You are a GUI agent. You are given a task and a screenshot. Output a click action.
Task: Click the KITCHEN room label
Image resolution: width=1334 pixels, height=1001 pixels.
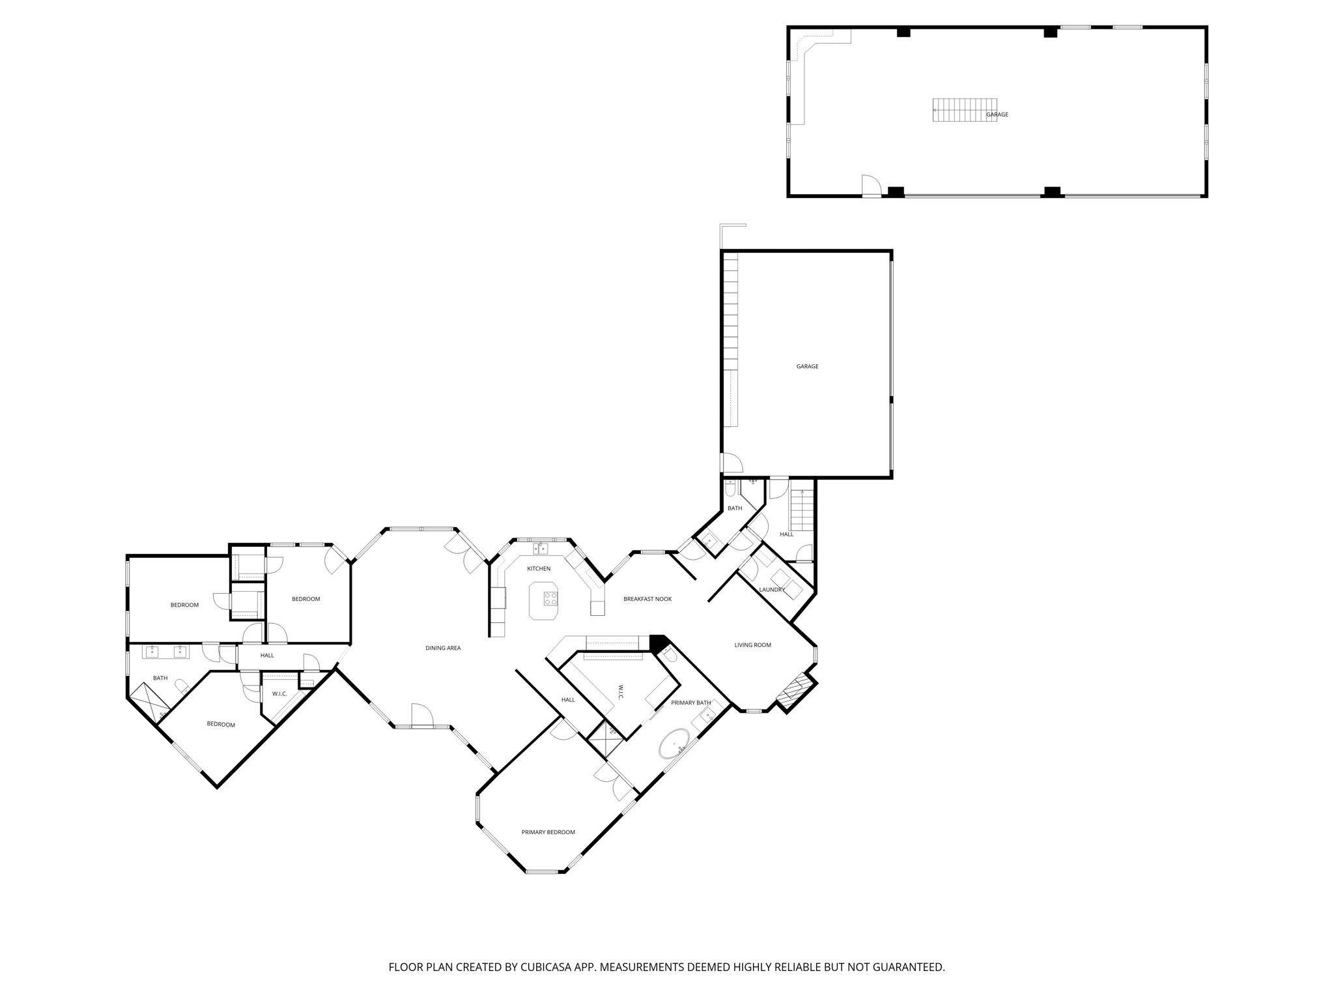point(539,569)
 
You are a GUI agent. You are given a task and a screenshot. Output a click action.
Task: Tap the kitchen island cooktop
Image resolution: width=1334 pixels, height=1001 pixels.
point(550,598)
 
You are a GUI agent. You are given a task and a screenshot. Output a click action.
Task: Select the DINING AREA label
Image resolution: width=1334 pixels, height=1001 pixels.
point(443,648)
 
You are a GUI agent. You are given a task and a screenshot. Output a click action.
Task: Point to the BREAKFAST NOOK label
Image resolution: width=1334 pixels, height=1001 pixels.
point(647,599)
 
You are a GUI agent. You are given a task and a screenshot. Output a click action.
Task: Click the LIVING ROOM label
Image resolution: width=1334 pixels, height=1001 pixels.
point(752,645)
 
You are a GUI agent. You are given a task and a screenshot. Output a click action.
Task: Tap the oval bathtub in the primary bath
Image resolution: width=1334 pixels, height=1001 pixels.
point(674,744)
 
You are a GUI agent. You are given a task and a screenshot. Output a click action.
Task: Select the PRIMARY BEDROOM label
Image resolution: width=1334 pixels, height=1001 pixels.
point(548,832)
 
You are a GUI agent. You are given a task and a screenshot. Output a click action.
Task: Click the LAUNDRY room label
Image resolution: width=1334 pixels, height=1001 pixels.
point(771,590)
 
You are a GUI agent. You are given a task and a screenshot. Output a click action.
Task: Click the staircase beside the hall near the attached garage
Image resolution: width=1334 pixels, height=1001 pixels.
point(802,510)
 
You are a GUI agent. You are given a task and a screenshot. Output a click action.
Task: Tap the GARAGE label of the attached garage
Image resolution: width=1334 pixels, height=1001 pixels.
point(807,366)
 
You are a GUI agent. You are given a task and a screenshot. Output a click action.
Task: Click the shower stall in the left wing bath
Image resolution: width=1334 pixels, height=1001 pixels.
point(149,701)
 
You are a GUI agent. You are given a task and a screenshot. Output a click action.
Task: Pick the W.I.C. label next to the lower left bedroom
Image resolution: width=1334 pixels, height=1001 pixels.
point(279,693)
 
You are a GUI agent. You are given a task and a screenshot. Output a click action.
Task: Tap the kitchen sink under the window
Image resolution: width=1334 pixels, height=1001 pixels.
point(540,549)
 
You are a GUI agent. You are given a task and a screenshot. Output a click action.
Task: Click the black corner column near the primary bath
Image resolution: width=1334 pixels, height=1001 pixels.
point(658,643)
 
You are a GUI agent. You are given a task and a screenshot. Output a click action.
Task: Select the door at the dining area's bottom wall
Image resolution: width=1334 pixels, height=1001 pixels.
point(422,715)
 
